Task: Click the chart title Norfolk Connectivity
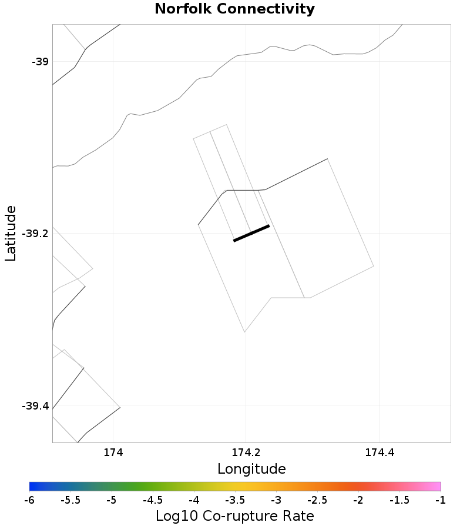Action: [x=234, y=9]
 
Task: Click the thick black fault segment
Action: [x=251, y=233]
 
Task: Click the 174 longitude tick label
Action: [x=113, y=453]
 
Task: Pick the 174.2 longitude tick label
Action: [x=246, y=453]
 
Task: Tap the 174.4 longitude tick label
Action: [x=379, y=453]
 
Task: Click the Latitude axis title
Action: [x=11, y=234]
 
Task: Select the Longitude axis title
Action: [x=251, y=469]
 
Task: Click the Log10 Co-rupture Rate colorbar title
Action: [x=234, y=516]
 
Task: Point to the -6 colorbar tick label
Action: [x=29, y=500]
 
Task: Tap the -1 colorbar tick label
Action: [x=441, y=500]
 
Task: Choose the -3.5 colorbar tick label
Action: [x=235, y=500]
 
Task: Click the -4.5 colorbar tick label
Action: [x=153, y=500]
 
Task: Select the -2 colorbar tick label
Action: [x=358, y=500]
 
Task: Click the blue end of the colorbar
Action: [x=33, y=486]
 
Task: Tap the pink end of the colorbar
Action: [x=437, y=486]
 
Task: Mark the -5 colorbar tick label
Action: [x=112, y=500]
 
